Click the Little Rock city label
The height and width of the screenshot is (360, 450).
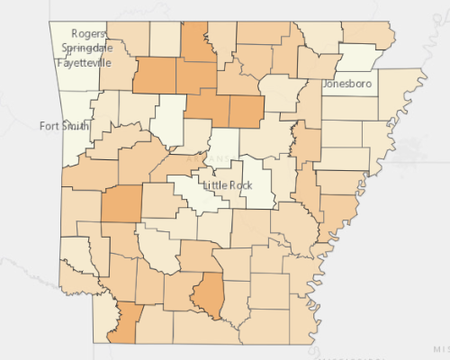click(x=229, y=184)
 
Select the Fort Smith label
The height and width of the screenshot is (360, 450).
click(x=64, y=126)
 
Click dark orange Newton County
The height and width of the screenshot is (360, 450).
click(x=155, y=76)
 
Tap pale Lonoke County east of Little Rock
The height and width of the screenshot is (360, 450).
click(x=258, y=180)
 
